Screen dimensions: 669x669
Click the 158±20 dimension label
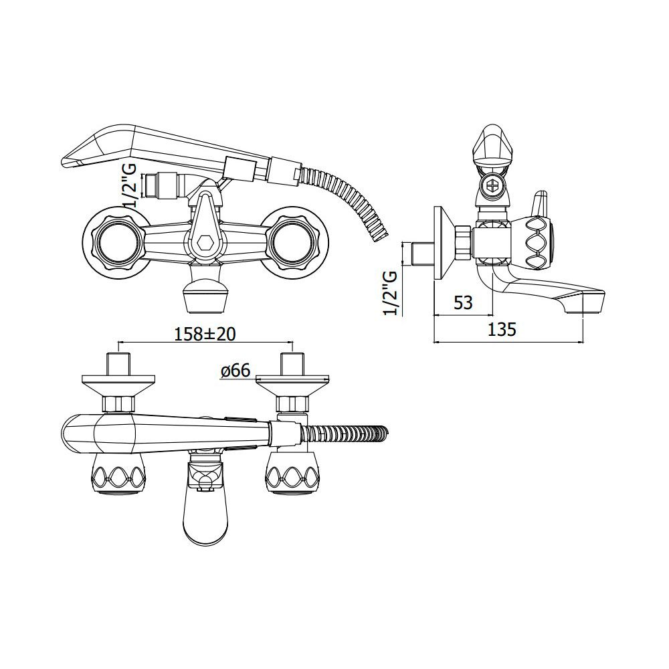coord(205,334)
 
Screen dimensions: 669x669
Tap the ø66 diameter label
coord(235,371)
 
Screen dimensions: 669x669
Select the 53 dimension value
coord(463,303)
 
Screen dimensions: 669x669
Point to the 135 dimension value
coord(502,329)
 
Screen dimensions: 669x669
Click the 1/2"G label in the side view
coord(391,293)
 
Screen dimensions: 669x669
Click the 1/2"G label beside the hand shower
coord(131,186)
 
